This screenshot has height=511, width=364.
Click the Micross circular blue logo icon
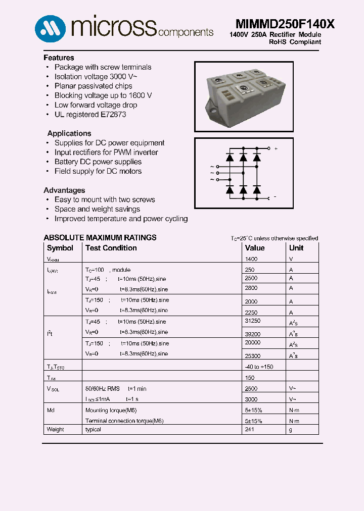click(50, 28)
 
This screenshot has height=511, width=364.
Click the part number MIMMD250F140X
click(285, 24)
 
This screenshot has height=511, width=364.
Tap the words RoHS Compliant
click(295, 42)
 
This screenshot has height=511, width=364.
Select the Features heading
click(59, 58)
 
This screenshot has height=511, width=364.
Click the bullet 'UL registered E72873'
click(90, 115)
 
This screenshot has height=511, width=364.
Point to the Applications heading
click(69, 133)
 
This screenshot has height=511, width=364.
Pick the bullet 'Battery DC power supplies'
click(98, 162)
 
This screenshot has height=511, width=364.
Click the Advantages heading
click(64, 190)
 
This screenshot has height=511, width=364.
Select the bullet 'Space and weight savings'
click(97, 209)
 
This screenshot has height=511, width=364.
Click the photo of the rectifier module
click(244, 96)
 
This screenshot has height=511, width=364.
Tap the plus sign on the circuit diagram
click(276, 149)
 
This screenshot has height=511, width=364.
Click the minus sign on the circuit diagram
click(275, 196)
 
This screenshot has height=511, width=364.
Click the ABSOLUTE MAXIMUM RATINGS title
click(100, 237)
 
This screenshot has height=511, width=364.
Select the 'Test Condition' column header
click(111, 248)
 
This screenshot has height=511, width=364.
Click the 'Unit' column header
click(296, 248)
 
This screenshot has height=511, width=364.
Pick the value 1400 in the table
click(251, 259)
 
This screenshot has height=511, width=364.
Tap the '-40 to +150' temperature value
click(259, 367)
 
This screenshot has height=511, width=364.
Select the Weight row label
click(56, 430)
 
